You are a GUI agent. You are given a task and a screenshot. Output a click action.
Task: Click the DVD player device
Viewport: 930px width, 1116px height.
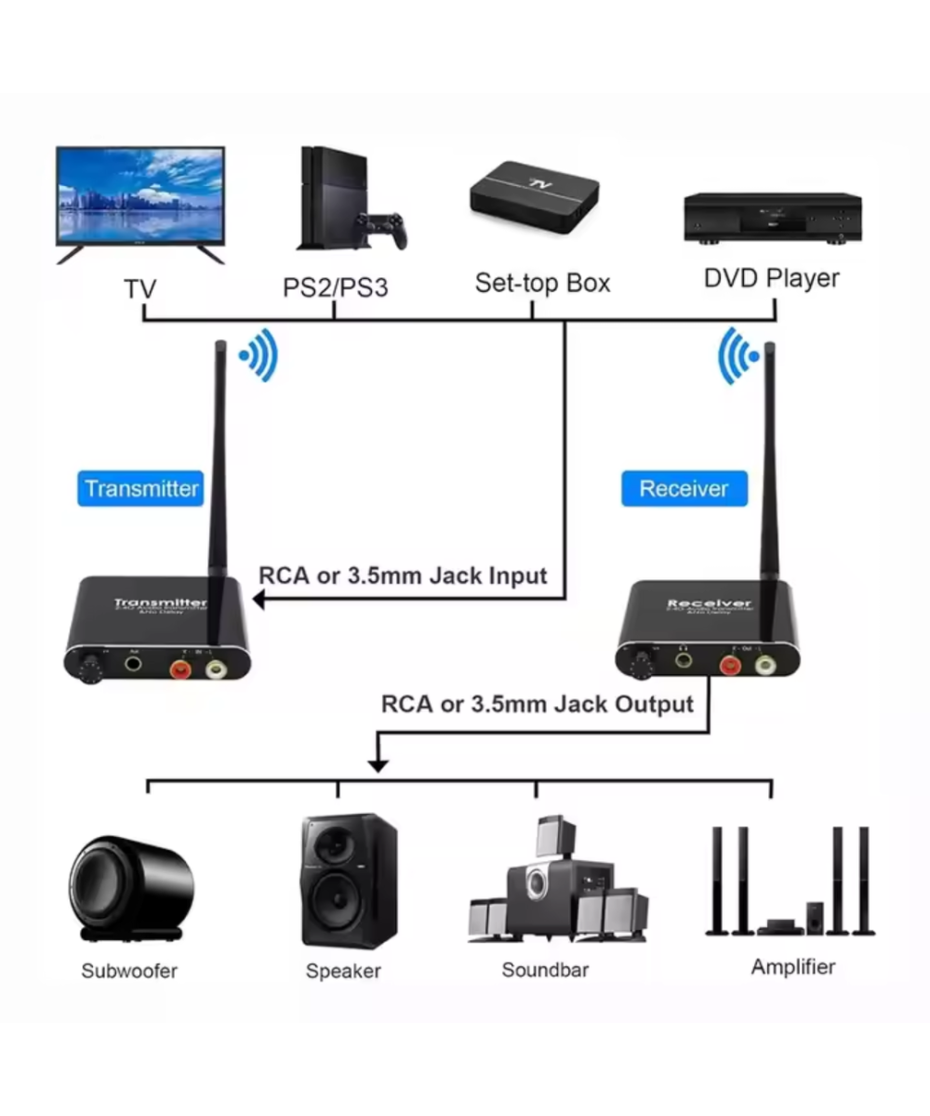coord(772,218)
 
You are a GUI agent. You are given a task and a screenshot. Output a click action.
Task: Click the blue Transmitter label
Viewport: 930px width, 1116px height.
coord(141,488)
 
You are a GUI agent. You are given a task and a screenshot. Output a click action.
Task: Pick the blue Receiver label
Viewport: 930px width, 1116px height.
coord(684,488)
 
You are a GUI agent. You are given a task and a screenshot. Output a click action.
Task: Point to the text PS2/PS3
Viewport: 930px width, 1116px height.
coord(335,286)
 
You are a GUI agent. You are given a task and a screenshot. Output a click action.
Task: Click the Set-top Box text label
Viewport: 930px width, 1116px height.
coord(542,283)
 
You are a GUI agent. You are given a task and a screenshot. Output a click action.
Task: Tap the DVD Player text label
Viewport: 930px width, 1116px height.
coord(771,277)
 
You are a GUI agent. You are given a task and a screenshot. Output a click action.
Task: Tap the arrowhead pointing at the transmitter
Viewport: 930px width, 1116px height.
coord(259,602)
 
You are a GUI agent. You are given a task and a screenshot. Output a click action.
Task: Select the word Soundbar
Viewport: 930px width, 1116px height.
coord(545,970)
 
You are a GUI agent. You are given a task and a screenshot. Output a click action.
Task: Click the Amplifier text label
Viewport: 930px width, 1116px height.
coord(793,967)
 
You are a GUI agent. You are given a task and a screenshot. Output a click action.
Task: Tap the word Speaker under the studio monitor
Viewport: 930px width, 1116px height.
coord(343,971)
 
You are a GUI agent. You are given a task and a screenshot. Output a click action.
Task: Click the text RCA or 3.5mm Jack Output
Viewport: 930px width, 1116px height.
coord(538,704)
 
